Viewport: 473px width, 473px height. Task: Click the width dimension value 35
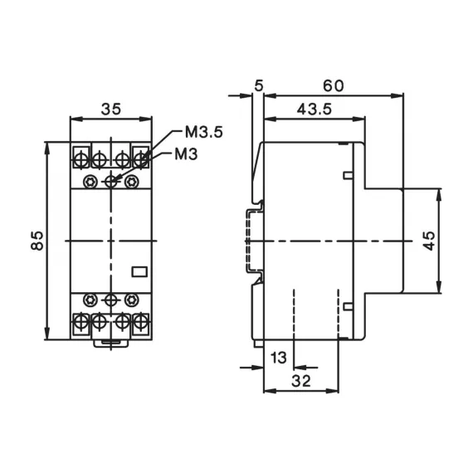coord(111,108)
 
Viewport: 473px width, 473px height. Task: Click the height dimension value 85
coord(37,241)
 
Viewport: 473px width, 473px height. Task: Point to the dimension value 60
coord(334,86)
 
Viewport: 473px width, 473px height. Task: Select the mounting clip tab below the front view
coord(111,341)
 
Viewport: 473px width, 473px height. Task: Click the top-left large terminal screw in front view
coord(82,156)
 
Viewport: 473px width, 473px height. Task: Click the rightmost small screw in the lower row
coord(130,298)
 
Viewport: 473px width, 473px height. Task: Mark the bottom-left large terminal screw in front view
coord(82,319)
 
